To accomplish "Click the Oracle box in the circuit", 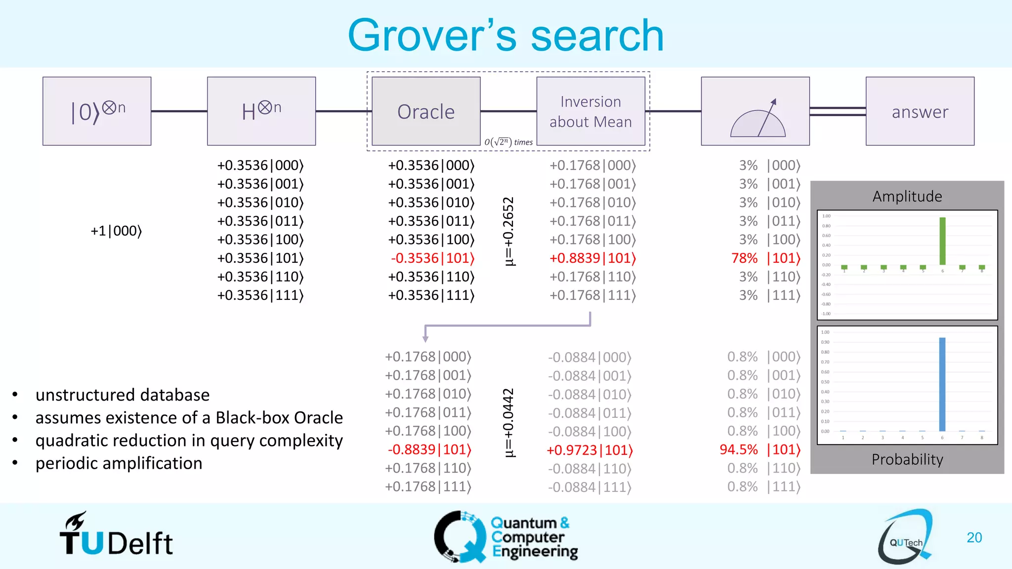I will (x=426, y=111).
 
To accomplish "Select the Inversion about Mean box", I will (x=590, y=111).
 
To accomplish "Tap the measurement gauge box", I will (x=755, y=111).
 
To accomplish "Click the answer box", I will (x=920, y=111).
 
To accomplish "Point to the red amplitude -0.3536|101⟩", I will (x=432, y=258).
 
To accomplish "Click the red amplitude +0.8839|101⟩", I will (x=592, y=258).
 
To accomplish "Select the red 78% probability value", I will (x=744, y=258).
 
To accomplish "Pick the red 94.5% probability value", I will (x=738, y=449).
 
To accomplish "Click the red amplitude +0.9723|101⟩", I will (x=590, y=450).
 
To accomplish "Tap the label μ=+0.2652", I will (x=508, y=231).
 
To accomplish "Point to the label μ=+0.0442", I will (x=508, y=423).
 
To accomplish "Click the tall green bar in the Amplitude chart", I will (x=942, y=241).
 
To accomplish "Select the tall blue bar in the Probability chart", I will (x=942, y=384).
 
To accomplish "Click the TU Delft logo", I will (x=116, y=536).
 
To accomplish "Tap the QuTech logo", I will (x=905, y=537).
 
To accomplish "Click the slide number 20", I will (x=974, y=537).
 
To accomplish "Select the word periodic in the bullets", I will (x=73, y=463).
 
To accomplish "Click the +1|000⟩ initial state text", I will (x=116, y=231).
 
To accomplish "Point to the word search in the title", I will (x=597, y=36).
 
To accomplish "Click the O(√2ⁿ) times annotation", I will (x=508, y=142).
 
